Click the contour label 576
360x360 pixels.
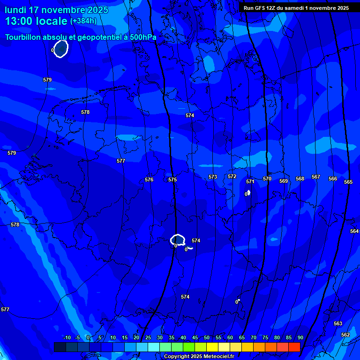[149, 180]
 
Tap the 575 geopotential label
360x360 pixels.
[172, 180]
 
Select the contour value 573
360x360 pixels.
[213, 177]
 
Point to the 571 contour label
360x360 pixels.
[250, 181]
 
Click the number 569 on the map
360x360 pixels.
[284, 181]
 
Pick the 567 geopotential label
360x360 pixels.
[316, 177]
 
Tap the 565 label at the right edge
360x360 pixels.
[348, 182]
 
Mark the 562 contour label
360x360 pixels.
[345, 335]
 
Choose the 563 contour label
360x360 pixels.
[338, 323]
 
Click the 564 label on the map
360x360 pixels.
[354, 231]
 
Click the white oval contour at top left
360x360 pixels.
[61, 49]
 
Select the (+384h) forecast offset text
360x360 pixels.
[83, 21]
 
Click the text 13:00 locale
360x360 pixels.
[36, 21]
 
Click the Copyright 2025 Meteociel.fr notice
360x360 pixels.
[199, 357]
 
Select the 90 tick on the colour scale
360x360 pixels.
[300, 338]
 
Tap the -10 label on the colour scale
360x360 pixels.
[67, 338]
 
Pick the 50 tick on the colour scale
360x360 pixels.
[207, 338]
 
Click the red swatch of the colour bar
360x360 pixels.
[294, 347]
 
